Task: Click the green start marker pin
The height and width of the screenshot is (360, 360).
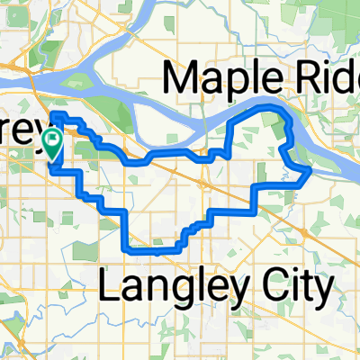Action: tap(53, 140)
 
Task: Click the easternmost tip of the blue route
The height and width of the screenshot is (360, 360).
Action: tap(311, 168)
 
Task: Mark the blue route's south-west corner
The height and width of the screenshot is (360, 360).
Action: tap(123, 244)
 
